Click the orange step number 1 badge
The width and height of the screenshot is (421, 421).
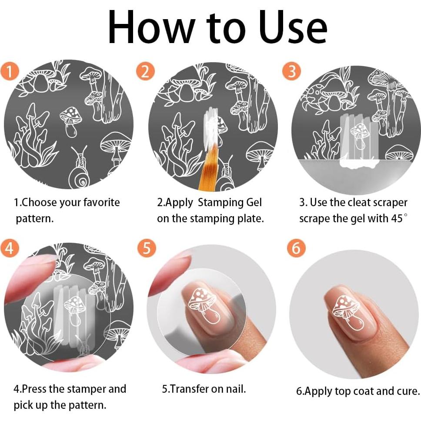[10, 71]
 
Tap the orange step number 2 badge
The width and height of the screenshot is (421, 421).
[145, 71]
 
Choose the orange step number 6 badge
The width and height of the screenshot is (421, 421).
[296, 248]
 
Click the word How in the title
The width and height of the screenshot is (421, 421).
[144, 27]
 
